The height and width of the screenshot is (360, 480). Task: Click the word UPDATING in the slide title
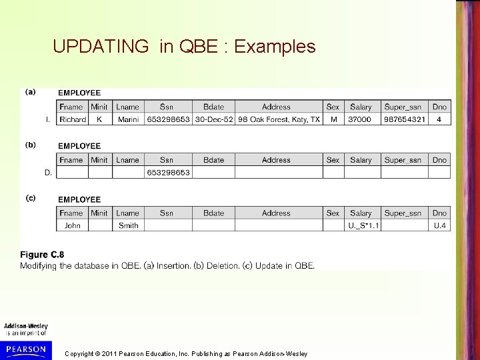[x=101, y=47]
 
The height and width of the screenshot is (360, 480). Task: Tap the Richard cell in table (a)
[x=73, y=119]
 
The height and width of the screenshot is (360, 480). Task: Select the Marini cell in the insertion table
[x=127, y=119]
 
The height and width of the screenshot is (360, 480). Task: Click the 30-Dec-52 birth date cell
[x=214, y=119]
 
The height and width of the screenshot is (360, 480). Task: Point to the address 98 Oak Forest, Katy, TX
[x=279, y=119]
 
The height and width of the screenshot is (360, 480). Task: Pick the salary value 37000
[x=361, y=119]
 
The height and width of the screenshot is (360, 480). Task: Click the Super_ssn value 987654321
[x=404, y=119]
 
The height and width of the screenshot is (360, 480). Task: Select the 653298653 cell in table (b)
[x=168, y=172]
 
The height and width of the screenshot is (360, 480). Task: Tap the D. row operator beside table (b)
[x=48, y=172]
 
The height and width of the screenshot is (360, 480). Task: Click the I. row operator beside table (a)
[x=48, y=119]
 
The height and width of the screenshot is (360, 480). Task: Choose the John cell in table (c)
[x=72, y=225]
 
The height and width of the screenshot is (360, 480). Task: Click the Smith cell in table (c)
[x=128, y=225]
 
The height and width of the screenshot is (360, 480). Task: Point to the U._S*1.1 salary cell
[x=364, y=225]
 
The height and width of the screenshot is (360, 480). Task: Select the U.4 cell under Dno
[x=439, y=225]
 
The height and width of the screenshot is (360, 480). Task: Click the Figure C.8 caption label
[x=42, y=255]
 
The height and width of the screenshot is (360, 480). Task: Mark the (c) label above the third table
[x=31, y=198]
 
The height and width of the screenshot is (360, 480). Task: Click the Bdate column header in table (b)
[x=214, y=160]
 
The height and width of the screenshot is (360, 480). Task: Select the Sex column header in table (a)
[x=333, y=107]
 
